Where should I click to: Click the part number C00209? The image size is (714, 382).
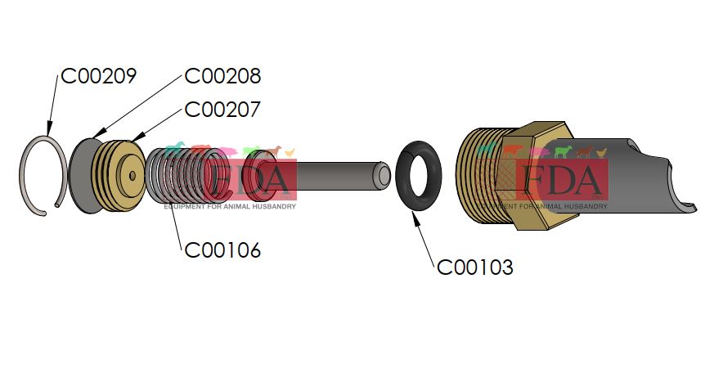point(98,76)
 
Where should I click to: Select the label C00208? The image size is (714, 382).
point(222,76)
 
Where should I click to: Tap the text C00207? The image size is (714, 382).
point(222,109)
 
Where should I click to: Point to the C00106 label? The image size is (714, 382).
point(222,250)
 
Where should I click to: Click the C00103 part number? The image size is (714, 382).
point(475,267)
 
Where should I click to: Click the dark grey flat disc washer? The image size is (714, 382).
point(79,174)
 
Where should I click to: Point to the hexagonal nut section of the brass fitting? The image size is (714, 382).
point(544,147)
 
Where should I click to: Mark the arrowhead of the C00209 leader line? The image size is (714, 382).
point(48,134)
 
